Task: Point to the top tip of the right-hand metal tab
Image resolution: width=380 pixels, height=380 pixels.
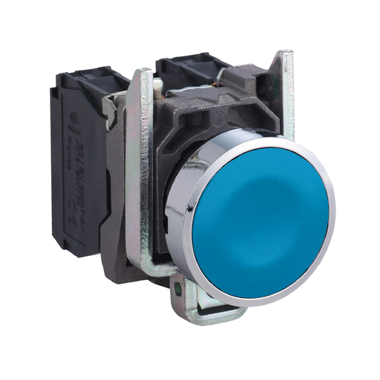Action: pos(284,56)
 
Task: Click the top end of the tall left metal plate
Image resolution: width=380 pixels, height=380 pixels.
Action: pos(142,74)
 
